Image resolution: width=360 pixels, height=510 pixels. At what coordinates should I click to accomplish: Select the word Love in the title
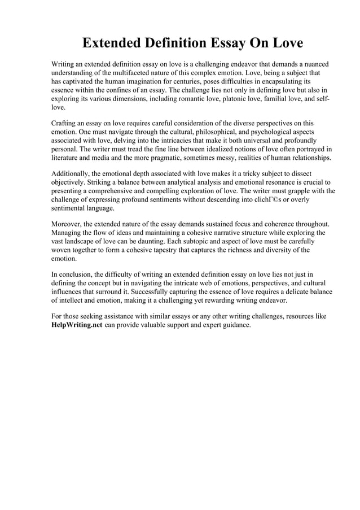click(x=286, y=43)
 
